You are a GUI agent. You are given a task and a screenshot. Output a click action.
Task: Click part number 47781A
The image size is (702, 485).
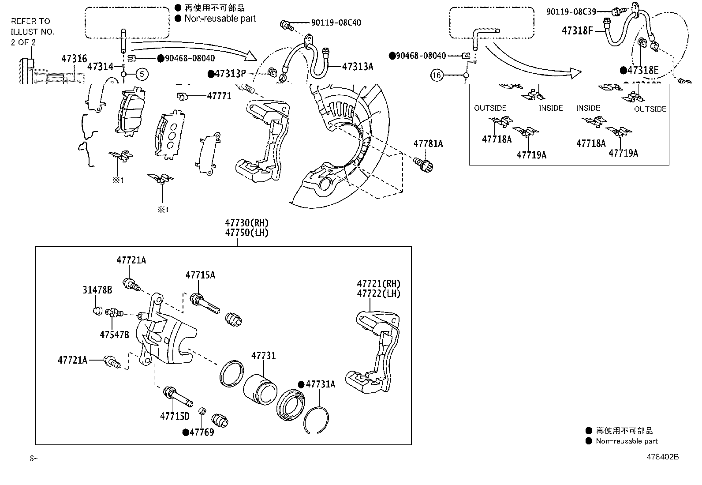click(x=428, y=144)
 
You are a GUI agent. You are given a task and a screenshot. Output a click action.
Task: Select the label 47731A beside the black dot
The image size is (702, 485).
click(x=320, y=384)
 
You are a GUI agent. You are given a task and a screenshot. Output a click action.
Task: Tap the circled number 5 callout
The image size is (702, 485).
click(x=142, y=74)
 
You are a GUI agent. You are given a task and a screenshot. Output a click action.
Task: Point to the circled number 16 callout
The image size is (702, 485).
click(x=437, y=75)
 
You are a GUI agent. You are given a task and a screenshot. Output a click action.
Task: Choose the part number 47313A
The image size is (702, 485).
click(x=358, y=67)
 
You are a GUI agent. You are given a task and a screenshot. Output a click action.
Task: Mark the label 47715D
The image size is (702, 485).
click(x=175, y=416)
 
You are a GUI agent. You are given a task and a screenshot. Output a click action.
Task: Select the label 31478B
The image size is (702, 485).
click(x=97, y=290)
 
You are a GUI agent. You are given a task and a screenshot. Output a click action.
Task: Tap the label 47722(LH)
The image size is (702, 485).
click(x=378, y=293)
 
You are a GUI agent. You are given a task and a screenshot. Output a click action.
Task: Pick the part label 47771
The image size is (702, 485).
click(x=219, y=96)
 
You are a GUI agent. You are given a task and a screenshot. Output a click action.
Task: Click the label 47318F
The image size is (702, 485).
click(x=577, y=30)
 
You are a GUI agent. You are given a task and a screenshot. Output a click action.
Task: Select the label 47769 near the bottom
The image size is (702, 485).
click(x=202, y=432)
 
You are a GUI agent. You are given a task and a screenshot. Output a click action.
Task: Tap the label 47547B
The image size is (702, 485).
click(x=114, y=335)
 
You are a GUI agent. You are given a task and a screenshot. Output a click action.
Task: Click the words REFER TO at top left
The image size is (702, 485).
click(x=30, y=21)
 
